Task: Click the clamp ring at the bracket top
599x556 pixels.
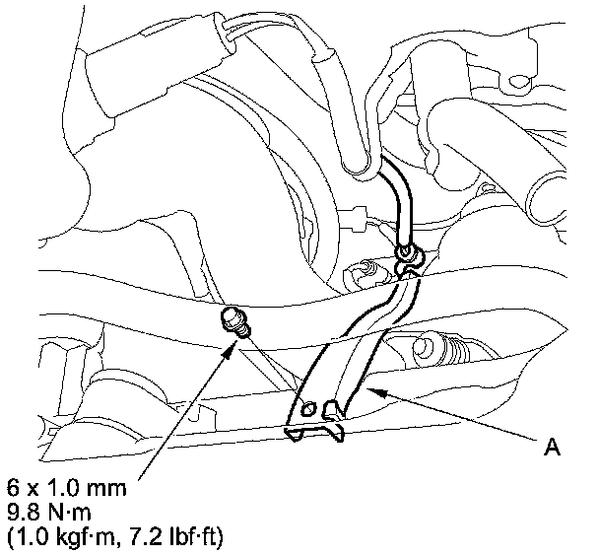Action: [406, 257]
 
